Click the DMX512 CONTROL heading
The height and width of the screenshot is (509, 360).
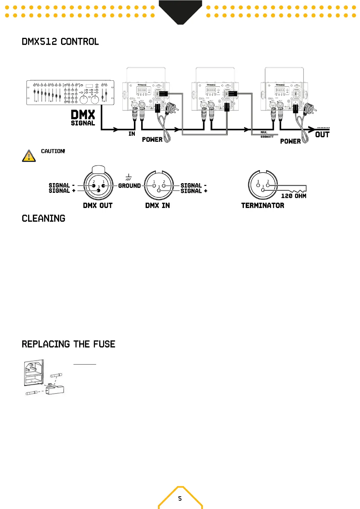(60, 42)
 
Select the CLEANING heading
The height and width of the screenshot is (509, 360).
(44, 218)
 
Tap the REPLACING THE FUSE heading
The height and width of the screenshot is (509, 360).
(68, 344)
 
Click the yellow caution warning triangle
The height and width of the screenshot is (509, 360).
(29, 156)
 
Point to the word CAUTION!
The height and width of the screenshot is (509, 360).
(53, 151)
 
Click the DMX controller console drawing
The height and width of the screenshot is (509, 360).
(70, 92)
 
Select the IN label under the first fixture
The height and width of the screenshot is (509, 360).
(132, 134)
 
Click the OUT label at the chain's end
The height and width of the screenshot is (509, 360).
(322, 135)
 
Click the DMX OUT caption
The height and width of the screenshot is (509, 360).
(98, 206)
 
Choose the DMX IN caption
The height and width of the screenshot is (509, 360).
(157, 206)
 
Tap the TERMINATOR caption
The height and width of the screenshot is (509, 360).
(263, 206)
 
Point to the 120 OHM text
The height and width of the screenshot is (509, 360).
(294, 196)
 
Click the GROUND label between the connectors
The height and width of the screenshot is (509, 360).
(129, 186)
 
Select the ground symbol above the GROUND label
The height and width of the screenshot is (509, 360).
(128, 177)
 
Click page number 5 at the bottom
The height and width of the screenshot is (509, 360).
(180, 498)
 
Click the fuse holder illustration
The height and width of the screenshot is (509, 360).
(44, 378)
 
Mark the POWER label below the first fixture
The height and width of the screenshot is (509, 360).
(152, 139)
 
